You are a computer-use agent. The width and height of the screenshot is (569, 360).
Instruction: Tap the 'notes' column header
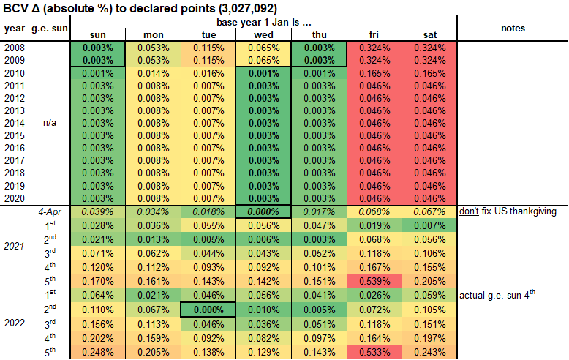coord(513,29)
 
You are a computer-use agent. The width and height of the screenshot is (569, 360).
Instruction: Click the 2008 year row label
coord(14,47)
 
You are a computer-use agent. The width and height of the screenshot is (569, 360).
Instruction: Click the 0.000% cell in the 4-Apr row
coord(263,211)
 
